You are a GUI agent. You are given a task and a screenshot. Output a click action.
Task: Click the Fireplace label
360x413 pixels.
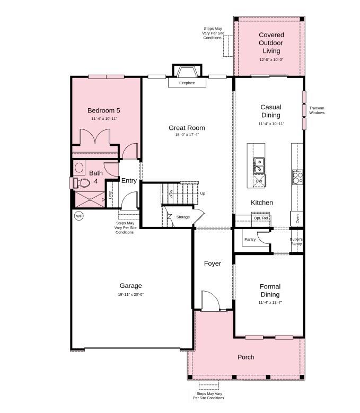pyautogui.click(x=187, y=83)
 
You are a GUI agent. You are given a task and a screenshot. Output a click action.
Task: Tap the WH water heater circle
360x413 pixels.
pyautogui.click(x=79, y=216)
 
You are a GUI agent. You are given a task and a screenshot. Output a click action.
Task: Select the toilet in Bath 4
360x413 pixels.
pyautogui.click(x=82, y=183)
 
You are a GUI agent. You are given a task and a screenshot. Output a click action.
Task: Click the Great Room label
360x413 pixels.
pyautogui.click(x=187, y=128)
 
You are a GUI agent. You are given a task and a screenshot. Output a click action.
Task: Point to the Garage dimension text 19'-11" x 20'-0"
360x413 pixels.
pyautogui.click(x=130, y=295)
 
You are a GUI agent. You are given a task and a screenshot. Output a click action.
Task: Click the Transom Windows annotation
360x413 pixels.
pyautogui.click(x=317, y=110)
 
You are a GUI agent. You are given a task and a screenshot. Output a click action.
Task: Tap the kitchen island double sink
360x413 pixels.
pyautogui.click(x=259, y=166)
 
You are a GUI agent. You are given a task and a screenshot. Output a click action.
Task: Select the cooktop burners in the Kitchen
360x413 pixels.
pyautogui.click(x=297, y=177)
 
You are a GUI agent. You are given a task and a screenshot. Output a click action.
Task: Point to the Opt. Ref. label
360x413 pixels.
pyautogui.click(x=261, y=218)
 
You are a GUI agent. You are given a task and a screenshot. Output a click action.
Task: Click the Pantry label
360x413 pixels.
pyautogui.click(x=250, y=240)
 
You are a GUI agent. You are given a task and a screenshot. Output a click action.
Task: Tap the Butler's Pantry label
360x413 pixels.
pyautogui.click(x=296, y=241)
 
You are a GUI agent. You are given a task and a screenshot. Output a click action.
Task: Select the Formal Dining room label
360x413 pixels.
pyautogui.click(x=270, y=291)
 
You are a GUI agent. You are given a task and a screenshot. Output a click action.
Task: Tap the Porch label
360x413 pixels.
pyautogui.click(x=245, y=357)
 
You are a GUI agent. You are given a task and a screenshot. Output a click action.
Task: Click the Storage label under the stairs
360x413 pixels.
pyautogui.click(x=183, y=217)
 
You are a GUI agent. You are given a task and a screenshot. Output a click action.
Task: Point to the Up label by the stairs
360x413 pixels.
pyautogui.click(x=203, y=194)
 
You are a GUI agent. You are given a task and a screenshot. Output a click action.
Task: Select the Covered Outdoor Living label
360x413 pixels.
pyautogui.click(x=271, y=43)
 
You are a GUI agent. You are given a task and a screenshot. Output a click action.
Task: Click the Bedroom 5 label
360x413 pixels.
pyautogui.click(x=104, y=110)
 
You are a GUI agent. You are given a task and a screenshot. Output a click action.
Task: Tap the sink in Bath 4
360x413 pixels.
pyautogui.click(x=79, y=168)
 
